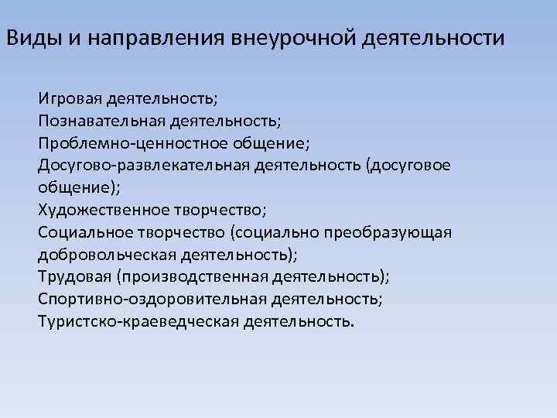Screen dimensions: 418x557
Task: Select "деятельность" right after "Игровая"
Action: [x=162, y=99]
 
